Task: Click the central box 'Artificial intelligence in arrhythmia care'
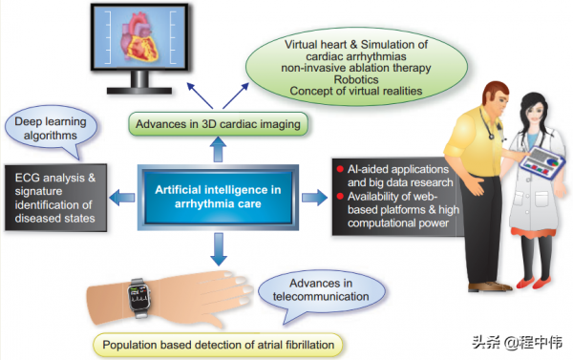[x=218, y=198]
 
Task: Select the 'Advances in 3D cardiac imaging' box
[x=218, y=124]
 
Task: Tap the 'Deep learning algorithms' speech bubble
[x=52, y=130]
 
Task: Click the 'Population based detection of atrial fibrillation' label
[x=218, y=345]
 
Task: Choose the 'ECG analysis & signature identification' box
[x=55, y=198]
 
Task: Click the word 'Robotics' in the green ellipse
[x=356, y=79]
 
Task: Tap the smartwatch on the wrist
[x=138, y=298]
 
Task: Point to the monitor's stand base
[x=139, y=91]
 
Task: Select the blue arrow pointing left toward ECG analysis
[x=122, y=198]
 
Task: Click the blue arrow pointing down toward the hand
[x=219, y=249]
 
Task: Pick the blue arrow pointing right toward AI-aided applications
[x=314, y=198]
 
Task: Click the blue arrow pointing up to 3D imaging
[x=218, y=149]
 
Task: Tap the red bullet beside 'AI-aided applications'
[x=340, y=169]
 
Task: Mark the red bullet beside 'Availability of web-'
[x=340, y=197]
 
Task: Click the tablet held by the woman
[x=542, y=163]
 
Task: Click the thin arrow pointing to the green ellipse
[x=236, y=95]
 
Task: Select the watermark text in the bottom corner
[x=518, y=343]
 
